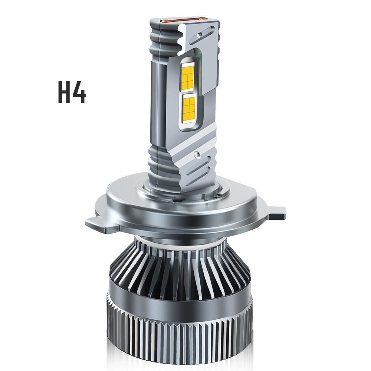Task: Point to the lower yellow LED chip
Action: tap(189, 108)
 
